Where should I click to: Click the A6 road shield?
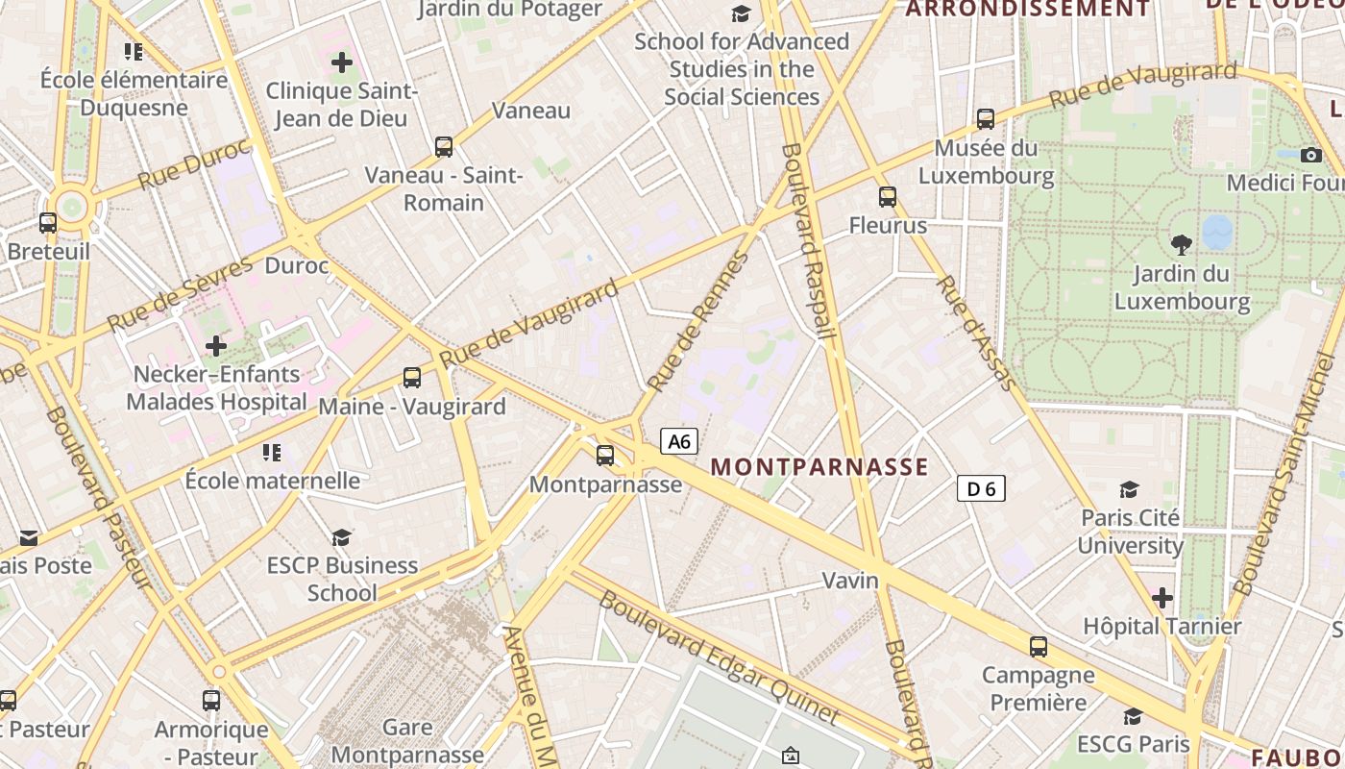point(679,441)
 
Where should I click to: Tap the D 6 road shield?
point(981,488)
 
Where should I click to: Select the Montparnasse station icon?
point(605,456)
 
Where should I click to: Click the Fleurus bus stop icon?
point(888,197)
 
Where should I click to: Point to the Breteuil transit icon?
point(48,223)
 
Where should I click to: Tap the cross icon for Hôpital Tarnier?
point(1162,598)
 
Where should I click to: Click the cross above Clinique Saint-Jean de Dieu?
point(342,63)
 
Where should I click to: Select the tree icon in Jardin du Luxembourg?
point(1182,244)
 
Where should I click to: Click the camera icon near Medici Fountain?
point(1311,155)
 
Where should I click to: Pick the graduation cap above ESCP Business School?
point(342,537)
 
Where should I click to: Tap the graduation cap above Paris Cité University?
point(1130,489)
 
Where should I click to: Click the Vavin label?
point(850,581)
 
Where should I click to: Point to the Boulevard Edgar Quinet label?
point(720,657)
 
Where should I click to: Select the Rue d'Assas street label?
point(976,333)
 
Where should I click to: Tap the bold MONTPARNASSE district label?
point(819,467)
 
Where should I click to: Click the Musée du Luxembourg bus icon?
point(986,119)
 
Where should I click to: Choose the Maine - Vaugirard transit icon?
point(412,378)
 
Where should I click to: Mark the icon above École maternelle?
point(272,452)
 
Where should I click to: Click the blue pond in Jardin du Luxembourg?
point(1217,231)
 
